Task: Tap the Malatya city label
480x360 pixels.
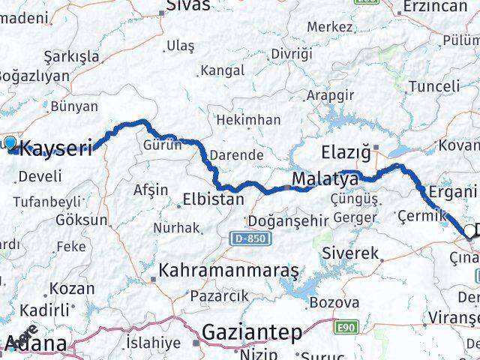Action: coord(325,180)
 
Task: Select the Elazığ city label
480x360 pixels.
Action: coord(346,153)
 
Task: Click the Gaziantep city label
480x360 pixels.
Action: coord(251,331)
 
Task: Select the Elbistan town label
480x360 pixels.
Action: coord(213,199)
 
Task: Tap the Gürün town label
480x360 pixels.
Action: coord(163,145)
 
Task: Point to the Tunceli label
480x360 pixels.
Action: coord(434,86)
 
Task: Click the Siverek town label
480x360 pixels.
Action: coord(351,253)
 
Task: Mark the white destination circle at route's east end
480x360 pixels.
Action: coord(470,230)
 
